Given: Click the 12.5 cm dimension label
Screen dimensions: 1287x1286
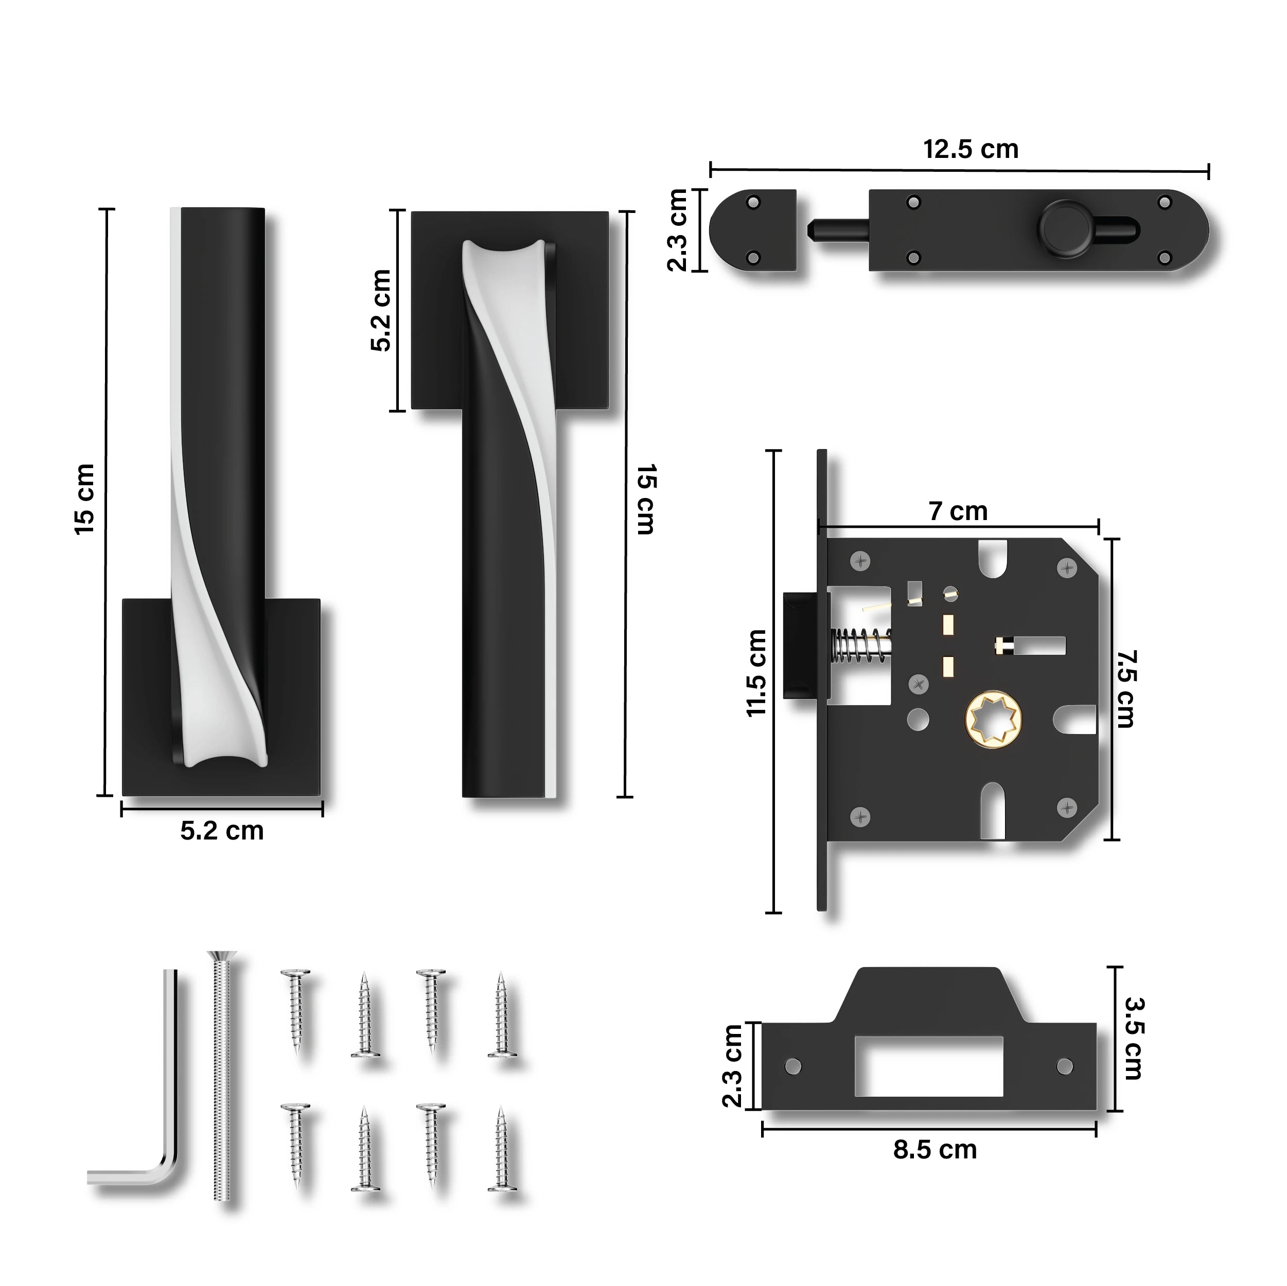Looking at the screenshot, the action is pos(971,149).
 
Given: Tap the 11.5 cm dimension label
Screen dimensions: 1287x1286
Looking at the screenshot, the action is pos(757,673).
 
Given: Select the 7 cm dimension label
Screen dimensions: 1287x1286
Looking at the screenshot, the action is pos(958,511).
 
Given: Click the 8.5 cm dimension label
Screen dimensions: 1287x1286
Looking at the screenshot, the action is pos(935,1168).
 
